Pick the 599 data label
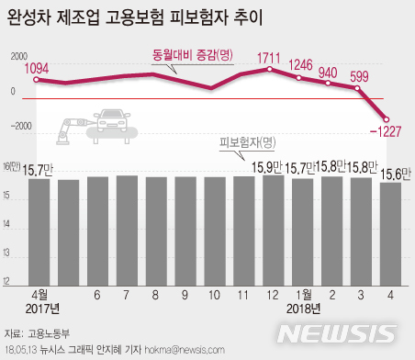coord(360,76)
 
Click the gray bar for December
coord(273,229)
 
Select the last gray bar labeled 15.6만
coord(389,232)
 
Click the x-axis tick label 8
coord(156,296)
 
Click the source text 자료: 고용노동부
coord(42,332)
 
